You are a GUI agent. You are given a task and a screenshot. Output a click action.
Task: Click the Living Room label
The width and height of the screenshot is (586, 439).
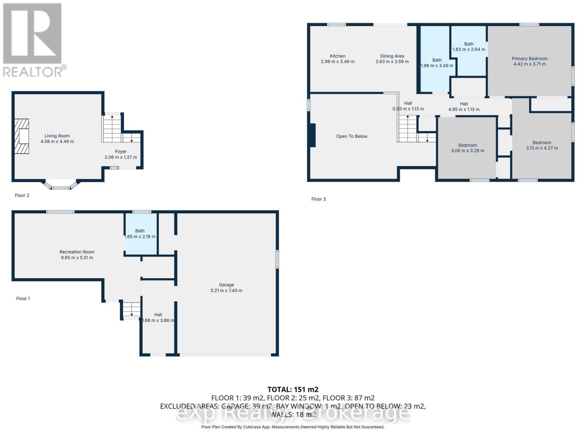click(x=57, y=136)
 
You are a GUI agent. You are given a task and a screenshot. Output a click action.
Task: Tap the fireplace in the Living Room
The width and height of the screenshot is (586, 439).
click(x=22, y=136)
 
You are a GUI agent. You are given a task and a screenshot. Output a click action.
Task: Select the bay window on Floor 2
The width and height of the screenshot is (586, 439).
click(x=61, y=186)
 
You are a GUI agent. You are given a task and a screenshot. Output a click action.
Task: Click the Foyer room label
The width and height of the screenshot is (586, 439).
click(x=120, y=151)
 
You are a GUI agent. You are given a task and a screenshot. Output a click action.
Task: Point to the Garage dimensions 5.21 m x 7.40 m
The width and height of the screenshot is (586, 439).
click(x=226, y=290)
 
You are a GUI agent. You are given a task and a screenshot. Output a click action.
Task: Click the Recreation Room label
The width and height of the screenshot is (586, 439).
click(x=77, y=252)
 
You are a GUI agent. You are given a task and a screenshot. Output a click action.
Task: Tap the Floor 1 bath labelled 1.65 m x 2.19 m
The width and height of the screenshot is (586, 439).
click(x=140, y=233)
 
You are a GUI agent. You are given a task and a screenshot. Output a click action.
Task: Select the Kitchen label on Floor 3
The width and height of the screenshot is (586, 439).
click(x=337, y=56)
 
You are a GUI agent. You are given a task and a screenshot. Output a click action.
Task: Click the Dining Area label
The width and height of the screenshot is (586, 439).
click(x=392, y=56)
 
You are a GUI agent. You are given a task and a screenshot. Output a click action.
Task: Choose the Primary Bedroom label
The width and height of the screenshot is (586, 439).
click(x=529, y=59)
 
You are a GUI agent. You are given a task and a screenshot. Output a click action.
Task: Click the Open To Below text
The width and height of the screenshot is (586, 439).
click(x=352, y=136)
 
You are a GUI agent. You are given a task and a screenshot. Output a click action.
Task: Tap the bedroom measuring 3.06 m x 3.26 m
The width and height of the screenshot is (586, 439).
click(x=467, y=148)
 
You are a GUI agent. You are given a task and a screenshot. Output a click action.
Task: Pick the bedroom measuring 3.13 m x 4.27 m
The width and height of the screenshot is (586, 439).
click(x=542, y=145)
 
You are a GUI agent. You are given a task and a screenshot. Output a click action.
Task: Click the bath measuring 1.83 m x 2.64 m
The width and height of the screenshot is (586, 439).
click(x=469, y=46)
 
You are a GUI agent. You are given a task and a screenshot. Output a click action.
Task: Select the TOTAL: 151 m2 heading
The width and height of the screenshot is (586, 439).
click(x=293, y=389)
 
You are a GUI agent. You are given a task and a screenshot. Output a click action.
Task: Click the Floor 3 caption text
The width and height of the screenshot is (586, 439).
click(x=318, y=199)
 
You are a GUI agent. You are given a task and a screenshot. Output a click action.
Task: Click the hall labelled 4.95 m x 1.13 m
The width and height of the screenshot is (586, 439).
click(x=464, y=106)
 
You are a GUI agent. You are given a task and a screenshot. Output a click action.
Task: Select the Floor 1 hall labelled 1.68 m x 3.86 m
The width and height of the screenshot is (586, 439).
click(x=158, y=317)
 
